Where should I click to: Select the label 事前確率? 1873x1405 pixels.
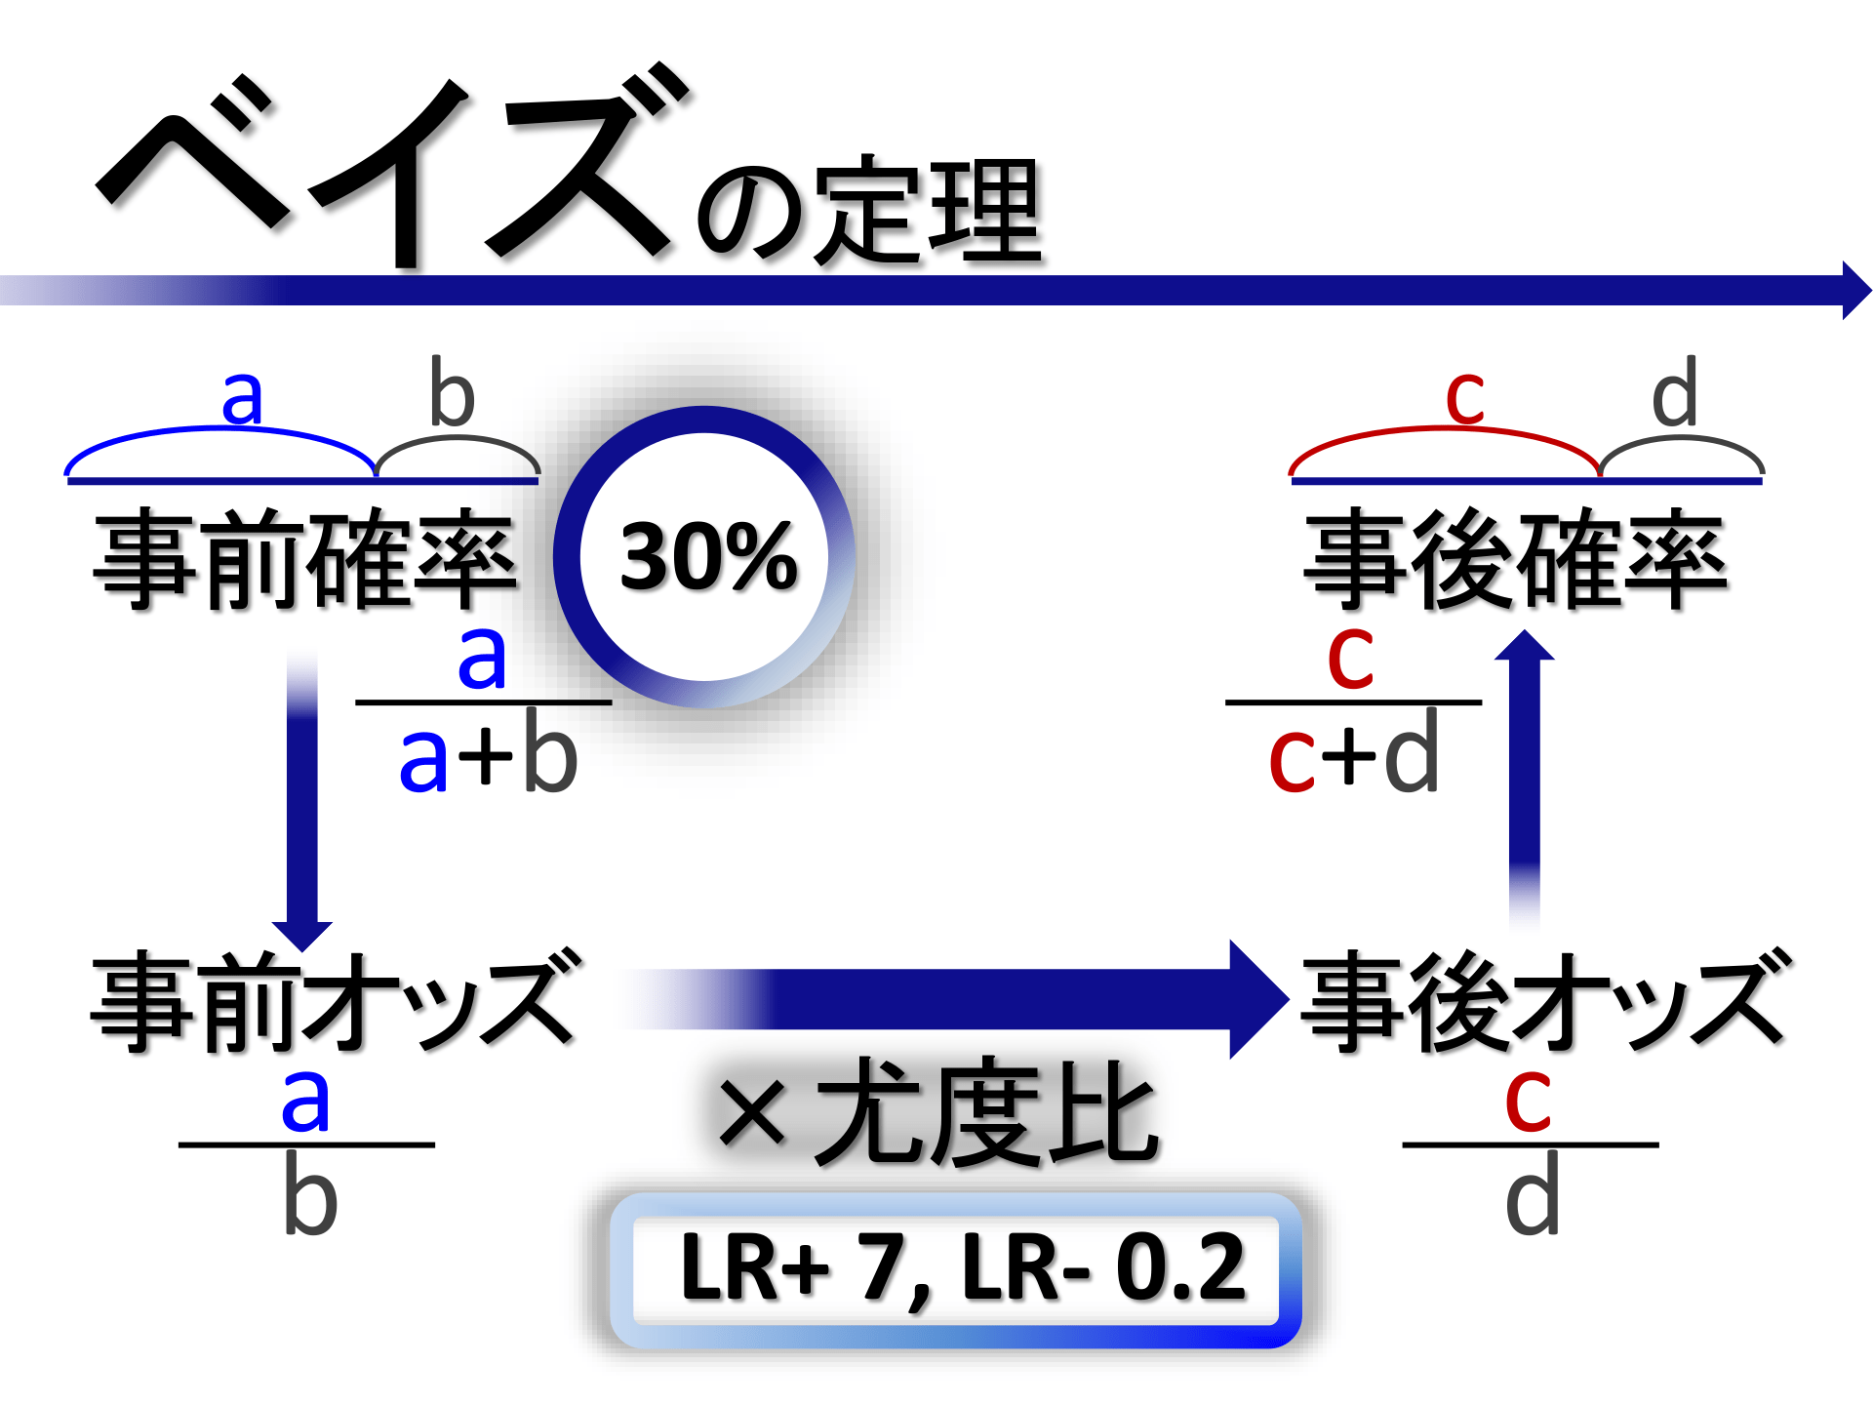(304, 558)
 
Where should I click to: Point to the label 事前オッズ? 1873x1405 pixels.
(337, 1002)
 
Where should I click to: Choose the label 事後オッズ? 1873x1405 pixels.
(1546, 1002)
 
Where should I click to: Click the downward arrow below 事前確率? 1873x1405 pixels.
(302, 800)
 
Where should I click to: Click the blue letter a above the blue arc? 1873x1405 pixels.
(242, 398)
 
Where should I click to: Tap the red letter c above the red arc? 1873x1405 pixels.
(1464, 398)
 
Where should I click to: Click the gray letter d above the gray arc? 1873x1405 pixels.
(1674, 393)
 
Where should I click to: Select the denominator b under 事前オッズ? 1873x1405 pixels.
(309, 1195)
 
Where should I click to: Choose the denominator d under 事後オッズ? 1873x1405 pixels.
(1532, 1195)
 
